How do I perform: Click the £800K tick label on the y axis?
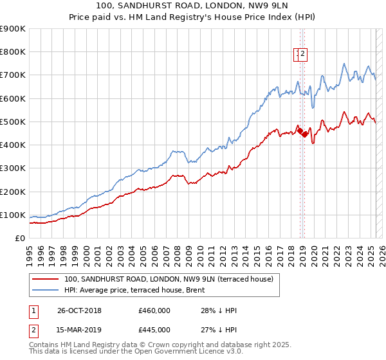point(13,52)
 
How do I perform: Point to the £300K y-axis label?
point(13,168)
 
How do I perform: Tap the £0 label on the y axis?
point(20,239)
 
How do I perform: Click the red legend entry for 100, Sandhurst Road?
point(169,279)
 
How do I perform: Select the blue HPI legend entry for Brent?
point(134,290)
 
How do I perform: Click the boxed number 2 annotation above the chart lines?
point(302,55)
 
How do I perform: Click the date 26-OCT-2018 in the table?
point(79,311)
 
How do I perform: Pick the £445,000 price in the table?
point(154,330)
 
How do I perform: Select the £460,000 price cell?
point(154,311)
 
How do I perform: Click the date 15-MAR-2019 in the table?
point(79,330)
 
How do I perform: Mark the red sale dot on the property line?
point(299,130)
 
